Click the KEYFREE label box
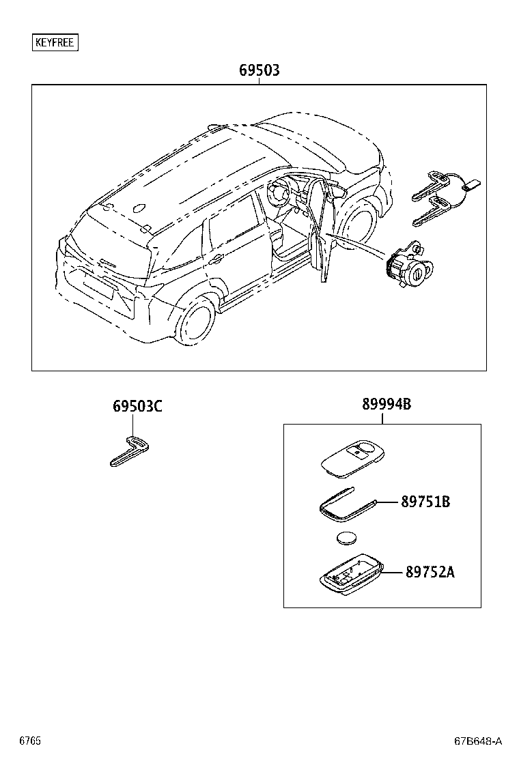[x=56, y=42]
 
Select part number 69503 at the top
[x=259, y=70]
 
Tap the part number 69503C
[x=137, y=406]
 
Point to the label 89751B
[x=425, y=502]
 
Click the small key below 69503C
[x=130, y=452]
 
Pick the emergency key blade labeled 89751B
[x=345, y=504]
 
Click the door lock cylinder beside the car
[x=408, y=266]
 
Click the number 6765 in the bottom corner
[x=29, y=741]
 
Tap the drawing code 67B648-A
[x=478, y=741]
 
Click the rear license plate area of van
[x=96, y=287]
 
